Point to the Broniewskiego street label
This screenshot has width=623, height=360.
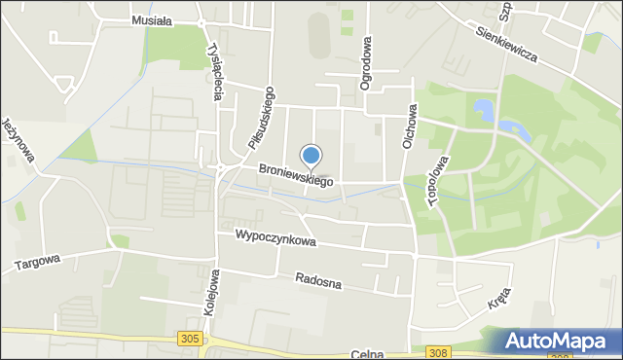coord(296,175)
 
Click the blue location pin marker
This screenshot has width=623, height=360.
coord(311,156)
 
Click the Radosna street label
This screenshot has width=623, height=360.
coord(319,281)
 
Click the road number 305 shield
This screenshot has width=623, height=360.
coord(190,338)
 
